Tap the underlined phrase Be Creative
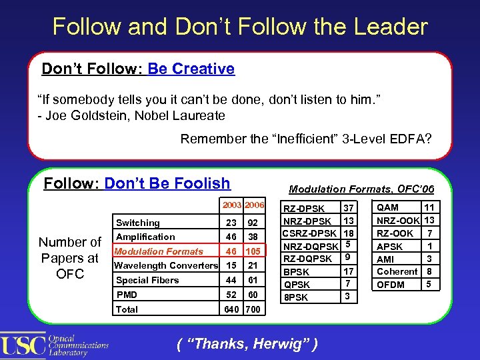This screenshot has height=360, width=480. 191,69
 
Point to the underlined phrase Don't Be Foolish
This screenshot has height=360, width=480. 167,183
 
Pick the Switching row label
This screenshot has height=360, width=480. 138,223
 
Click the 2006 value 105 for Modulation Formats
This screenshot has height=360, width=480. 253,251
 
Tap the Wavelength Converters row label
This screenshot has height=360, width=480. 166,265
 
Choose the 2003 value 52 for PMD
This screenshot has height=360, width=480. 231,294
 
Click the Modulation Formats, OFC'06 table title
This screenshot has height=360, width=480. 361,189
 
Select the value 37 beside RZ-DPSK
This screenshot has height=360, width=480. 347,209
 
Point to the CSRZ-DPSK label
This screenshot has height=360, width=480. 309,233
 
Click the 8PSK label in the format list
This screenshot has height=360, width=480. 296,297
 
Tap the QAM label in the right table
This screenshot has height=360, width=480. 387,207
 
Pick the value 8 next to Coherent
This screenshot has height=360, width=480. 429,271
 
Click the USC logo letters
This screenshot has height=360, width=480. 23,344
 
